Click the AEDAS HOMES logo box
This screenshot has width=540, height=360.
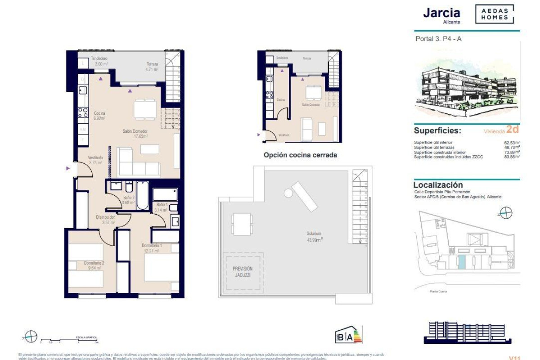point(494,14)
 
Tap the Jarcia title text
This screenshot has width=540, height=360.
point(441,13)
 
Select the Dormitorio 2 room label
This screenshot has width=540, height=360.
point(94,265)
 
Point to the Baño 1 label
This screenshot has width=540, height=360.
point(161,207)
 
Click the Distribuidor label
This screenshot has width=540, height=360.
point(106,219)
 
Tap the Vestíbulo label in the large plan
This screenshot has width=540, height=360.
point(95,160)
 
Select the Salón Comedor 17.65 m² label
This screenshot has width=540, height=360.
point(135,134)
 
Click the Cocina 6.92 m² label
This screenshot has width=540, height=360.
point(99,116)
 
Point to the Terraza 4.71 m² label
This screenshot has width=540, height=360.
point(152,67)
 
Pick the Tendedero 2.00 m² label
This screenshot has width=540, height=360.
point(99,61)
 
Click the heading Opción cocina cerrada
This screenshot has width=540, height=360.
point(300,155)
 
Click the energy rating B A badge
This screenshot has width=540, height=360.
point(348,336)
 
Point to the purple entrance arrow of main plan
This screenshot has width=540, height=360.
point(68,168)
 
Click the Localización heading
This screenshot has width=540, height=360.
point(438,185)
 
